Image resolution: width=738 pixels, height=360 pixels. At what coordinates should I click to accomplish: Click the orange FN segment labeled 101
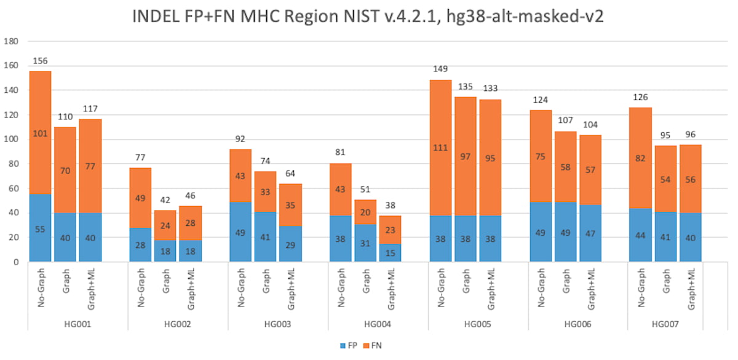tap(40, 132)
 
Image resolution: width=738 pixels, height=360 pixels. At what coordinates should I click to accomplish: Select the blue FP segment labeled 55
tap(40, 228)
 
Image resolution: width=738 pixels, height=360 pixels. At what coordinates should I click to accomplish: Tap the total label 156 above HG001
tap(40, 61)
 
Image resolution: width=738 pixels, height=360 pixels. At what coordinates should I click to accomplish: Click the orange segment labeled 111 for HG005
tap(441, 148)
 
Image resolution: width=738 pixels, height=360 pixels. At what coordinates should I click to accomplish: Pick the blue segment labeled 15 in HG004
tap(391, 253)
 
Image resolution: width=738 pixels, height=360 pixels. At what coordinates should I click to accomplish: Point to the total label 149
tap(441, 70)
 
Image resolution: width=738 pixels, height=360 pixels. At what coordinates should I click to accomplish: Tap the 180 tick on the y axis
tap(12, 42)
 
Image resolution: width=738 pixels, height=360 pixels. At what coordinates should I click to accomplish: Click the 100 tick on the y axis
tap(12, 140)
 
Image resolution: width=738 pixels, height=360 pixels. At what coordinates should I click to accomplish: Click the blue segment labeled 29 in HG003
tap(290, 244)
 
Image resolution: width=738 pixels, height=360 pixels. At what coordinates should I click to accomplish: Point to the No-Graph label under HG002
tap(140, 290)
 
